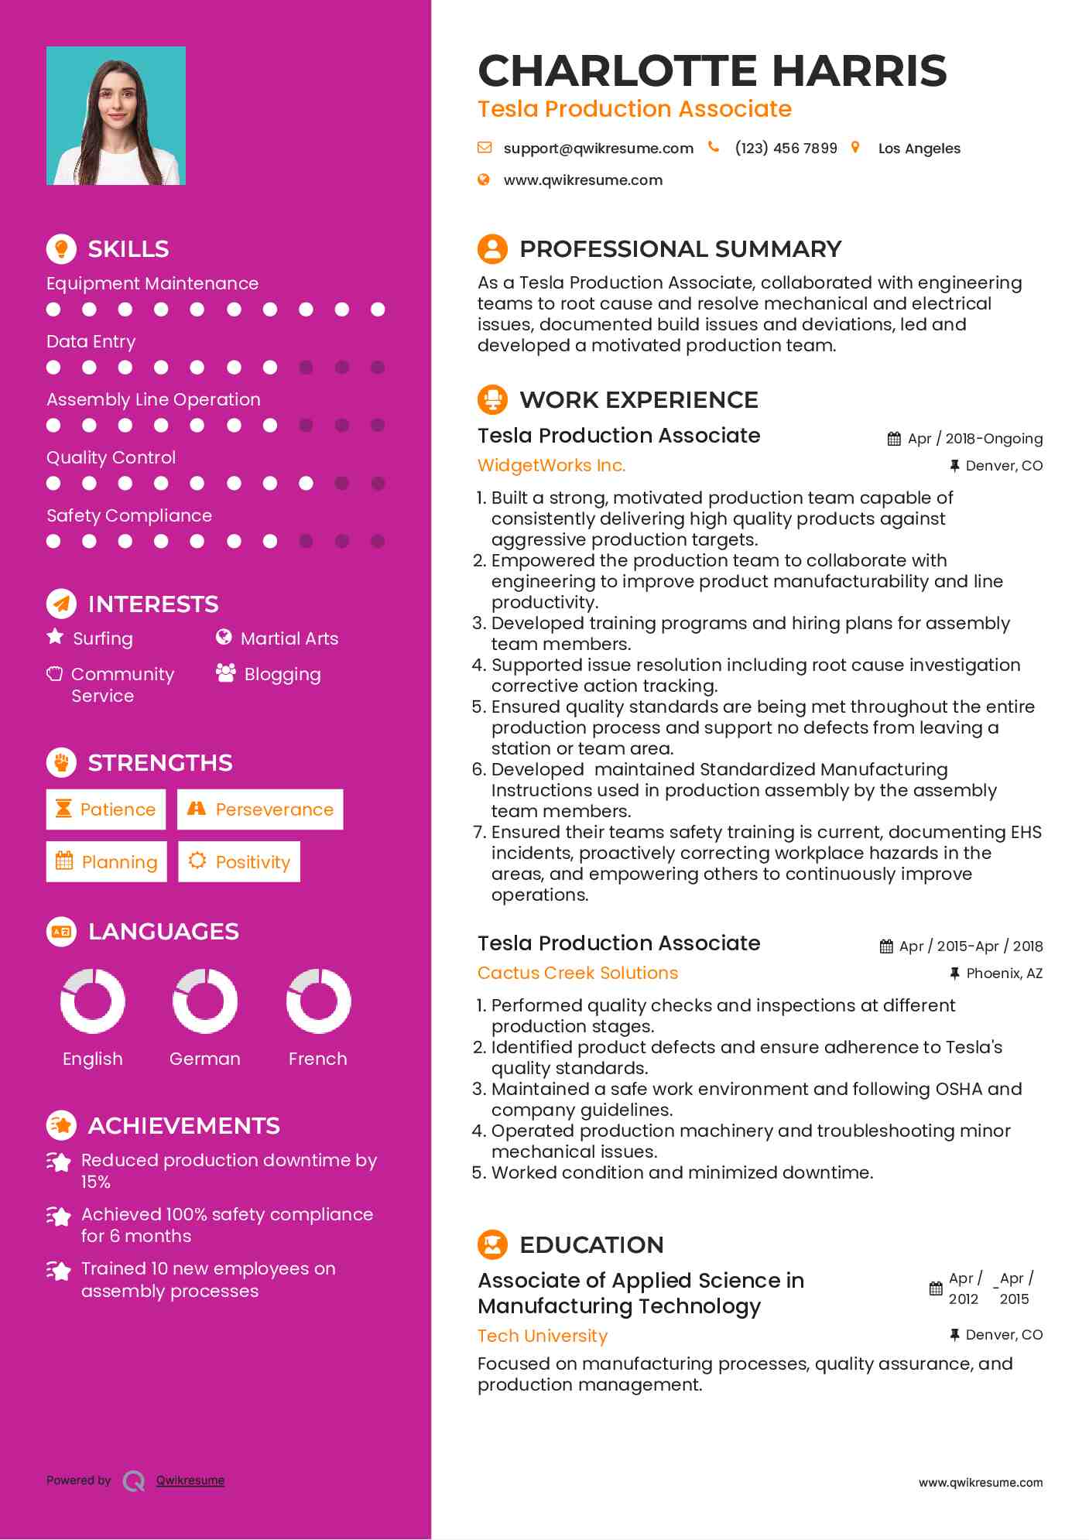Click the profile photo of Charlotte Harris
pyautogui.click(x=116, y=116)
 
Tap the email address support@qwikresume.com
pyautogui.click(x=598, y=149)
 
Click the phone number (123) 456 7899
pyautogui.click(x=786, y=149)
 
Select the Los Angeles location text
pyautogui.click(x=919, y=149)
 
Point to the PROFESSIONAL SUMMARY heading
pyautogui.click(x=680, y=249)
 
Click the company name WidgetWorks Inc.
pyautogui.click(x=551, y=466)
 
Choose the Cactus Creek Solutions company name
pyautogui.click(x=577, y=974)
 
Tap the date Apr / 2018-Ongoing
pyautogui.click(x=974, y=439)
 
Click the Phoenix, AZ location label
pyautogui.click(x=1004, y=974)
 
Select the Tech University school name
pyautogui.click(x=542, y=1336)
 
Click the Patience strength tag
pyautogui.click(x=106, y=809)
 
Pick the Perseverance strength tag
pyautogui.click(x=260, y=809)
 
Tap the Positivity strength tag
pyautogui.click(x=239, y=862)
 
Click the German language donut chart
pyautogui.click(x=205, y=1001)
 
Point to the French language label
pyautogui.click(x=317, y=1059)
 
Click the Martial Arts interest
pyautogui.click(x=289, y=639)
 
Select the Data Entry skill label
pyautogui.click(x=91, y=342)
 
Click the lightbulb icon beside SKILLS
pyautogui.click(x=61, y=249)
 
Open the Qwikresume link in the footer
pyautogui.click(x=190, y=1480)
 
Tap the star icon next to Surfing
pyautogui.click(x=55, y=637)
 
